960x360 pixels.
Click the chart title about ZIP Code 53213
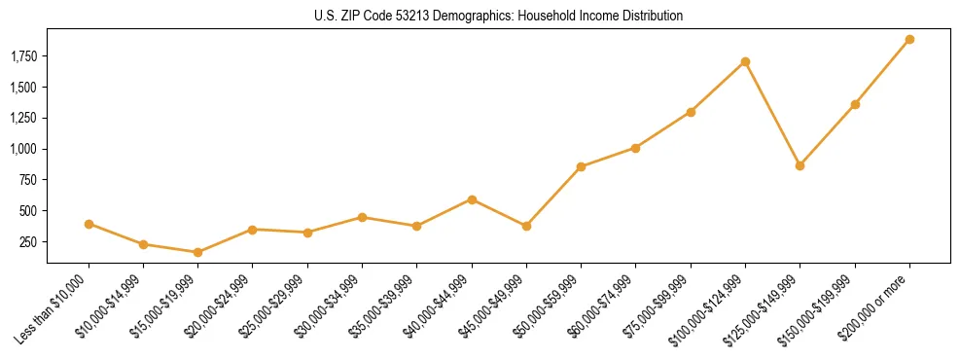click(498, 17)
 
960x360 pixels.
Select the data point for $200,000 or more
click(909, 40)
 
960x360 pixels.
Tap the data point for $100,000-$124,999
click(745, 61)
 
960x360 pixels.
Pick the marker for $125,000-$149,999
click(800, 165)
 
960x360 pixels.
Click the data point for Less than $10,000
click(89, 224)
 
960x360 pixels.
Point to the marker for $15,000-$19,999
click(197, 252)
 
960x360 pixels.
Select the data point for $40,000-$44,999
click(472, 199)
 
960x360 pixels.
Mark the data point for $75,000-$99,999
click(691, 112)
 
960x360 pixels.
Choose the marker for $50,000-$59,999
click(581, 166)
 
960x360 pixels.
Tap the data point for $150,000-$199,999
click(855, 104)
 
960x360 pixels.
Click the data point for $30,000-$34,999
click(362, 217)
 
